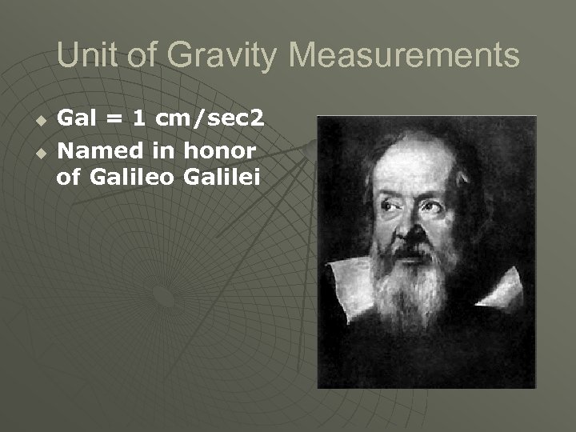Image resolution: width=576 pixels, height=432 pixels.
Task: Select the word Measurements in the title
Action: pos(404,55)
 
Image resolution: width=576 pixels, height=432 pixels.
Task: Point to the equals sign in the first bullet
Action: pos(115,120)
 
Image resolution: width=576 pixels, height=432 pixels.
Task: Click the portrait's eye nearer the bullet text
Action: pos(389,206)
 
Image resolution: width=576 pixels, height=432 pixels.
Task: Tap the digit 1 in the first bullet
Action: pos(139,119)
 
